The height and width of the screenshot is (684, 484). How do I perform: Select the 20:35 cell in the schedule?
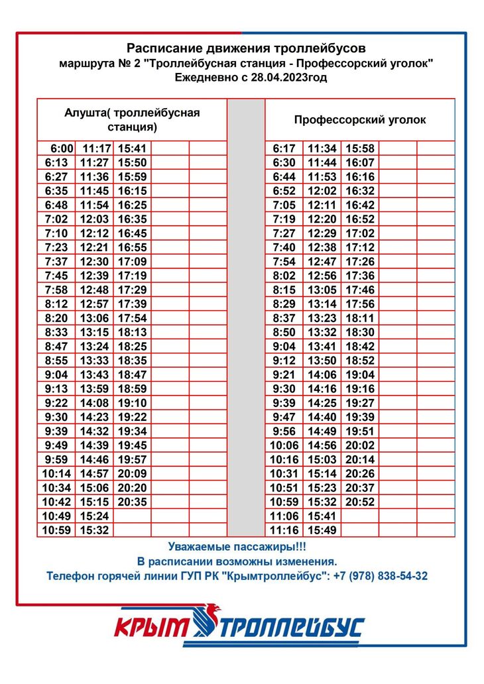tap(133, 502)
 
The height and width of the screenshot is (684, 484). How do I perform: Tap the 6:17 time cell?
tap(284, 148)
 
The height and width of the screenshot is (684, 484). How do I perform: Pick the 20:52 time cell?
tap(360, 502)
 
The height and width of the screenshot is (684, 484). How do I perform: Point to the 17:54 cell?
tap(133, 318)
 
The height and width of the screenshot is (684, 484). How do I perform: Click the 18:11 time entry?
tap(360, 318)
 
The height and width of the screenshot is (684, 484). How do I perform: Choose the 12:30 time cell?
tap(94, 262)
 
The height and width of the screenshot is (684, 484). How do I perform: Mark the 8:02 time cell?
tap(284, 276)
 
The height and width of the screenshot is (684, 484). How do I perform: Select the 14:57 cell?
tap(94, 474)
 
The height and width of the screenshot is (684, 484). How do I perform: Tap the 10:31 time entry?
tap(284, 474)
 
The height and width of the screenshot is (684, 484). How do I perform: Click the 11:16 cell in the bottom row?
tap(284, 530)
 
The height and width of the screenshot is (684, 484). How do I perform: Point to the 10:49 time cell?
tap(56, 516)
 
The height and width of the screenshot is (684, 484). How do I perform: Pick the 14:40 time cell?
tap(322, 418)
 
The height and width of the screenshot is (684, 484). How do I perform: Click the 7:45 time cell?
tap(56, 276)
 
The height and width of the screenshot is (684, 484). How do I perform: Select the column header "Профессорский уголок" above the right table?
tap(360, 120)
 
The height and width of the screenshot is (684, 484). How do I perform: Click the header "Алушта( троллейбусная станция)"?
tap(132, 119)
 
